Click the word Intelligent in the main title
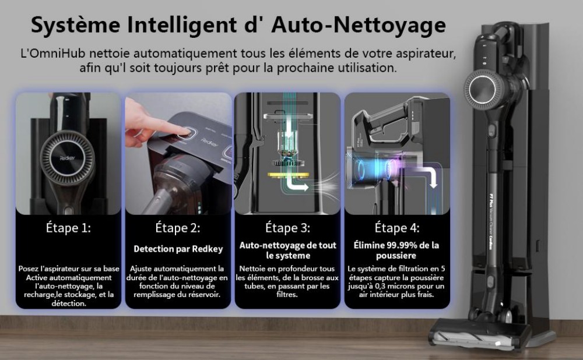182,25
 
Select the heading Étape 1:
68,227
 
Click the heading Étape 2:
178,227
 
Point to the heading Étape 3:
287,227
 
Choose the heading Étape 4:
396,227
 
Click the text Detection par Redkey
178,249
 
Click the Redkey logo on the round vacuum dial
67,158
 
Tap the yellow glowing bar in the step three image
288,175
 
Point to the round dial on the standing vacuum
483,89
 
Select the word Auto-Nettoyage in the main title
359,25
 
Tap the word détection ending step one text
68,303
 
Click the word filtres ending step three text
287,295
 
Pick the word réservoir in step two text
203,295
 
